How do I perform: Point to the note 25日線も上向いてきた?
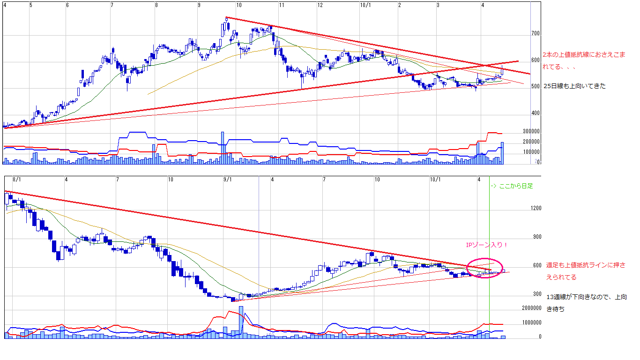pos(574,86)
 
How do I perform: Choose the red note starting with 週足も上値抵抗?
pos(585,271)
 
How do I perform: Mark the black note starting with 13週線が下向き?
pos(586,303)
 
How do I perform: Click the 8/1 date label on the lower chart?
pos(17,180)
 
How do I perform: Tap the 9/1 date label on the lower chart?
pos(228,180)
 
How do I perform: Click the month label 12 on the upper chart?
pos(320,5)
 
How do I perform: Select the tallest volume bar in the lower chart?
pos(241,322)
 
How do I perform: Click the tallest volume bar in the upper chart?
pos(223,148)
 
